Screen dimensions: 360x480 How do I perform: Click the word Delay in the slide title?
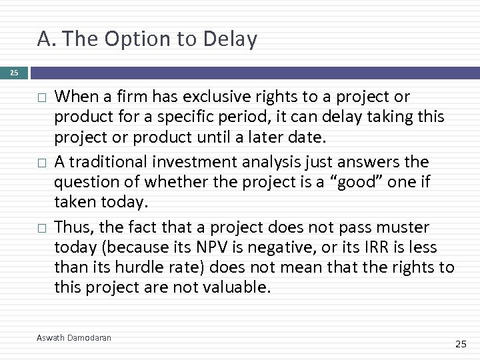[x=231, y=40]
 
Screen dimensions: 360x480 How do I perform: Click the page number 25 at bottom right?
[x=460, y=344]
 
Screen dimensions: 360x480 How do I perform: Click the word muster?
[x=403, y=227]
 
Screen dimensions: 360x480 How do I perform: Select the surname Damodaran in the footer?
[x=91, y=338]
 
